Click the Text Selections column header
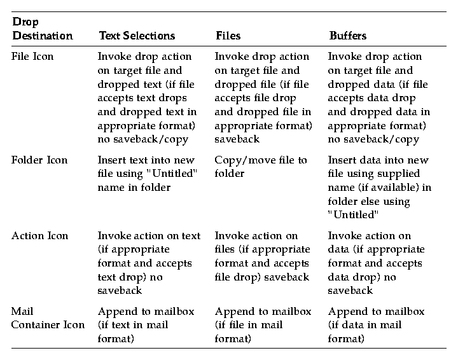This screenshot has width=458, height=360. (136, 36)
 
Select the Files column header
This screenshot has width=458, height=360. (228, 36)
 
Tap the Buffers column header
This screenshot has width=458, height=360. (347, 36)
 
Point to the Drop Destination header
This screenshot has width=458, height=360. (42, 29)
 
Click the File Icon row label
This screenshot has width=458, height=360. (32, 56)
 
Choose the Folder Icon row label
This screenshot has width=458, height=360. (39, 160)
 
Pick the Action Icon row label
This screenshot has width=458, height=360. (39, 235)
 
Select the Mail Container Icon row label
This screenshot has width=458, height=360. (48, 318)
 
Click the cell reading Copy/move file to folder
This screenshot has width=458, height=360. (261, 166)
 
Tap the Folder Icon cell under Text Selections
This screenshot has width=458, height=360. (148, 173)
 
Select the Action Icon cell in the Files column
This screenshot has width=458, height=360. (262, 256)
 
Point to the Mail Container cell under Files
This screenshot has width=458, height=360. (263, 325)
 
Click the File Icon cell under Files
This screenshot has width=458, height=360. (262, 97)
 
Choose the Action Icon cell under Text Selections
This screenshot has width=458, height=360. (149, 263)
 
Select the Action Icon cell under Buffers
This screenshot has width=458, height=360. (375, 263)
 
